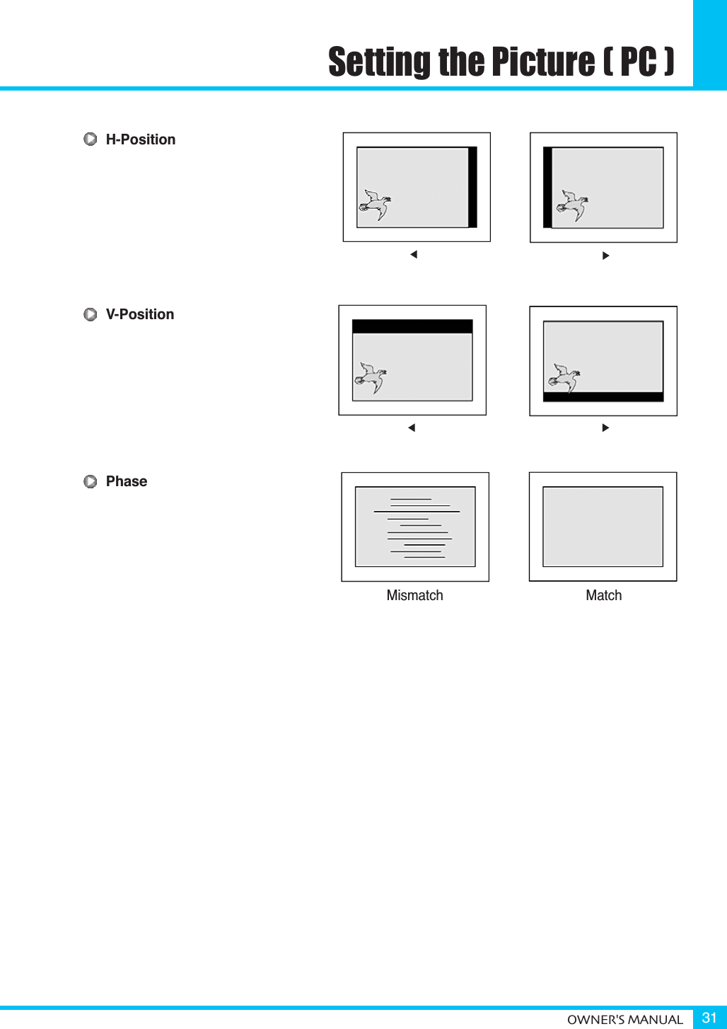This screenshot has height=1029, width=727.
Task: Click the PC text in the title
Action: coord(638,62)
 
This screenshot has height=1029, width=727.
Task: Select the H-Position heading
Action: coord(140,139)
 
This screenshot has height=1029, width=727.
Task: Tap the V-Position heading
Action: coord(139,314)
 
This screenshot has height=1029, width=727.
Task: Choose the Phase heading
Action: coord(126,481)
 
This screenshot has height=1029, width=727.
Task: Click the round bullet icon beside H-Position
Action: coord(91,139)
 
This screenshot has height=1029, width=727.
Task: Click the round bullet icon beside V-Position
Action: coord(91,314)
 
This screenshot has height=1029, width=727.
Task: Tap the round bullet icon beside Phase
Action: coord(91,482)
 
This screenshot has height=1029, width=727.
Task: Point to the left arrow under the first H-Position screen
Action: coord(414,255)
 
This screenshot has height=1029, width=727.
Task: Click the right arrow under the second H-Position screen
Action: coord(605,255)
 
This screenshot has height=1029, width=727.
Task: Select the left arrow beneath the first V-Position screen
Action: coord(412,427)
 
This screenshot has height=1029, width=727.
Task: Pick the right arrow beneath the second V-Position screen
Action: coord(605,427)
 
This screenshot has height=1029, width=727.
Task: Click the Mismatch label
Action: coord(414,595)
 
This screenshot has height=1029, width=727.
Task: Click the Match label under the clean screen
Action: coord(603,595)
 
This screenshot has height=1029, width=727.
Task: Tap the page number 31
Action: coord(709,1018)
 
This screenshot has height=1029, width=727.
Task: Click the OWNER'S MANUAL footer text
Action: coord(624,1020)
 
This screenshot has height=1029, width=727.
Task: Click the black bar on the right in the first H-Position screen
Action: coord(472,187)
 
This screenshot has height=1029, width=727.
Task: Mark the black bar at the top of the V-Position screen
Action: coord(412,326)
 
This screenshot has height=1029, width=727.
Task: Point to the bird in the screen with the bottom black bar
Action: coord(563,378)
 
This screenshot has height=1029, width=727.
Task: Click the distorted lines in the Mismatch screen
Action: coord(417,528)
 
